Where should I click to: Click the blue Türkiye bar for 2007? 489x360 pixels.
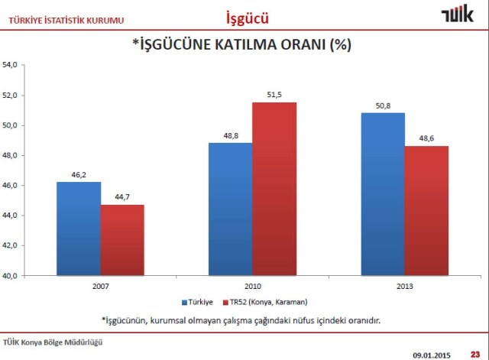pyautogui.click(x=79, y=229)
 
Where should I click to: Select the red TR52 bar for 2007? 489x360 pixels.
pyautogui.click(x=122, y=240)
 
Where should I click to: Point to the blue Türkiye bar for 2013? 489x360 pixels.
pyautogui.click(x=383, y=194)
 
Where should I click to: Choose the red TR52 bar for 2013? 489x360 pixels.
pyautogui.click(x=426, y=210)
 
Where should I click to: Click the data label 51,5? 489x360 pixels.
pyautogui.click(x=274, y=95)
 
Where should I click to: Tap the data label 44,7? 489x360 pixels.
pyautogui.click(x=122, y=197)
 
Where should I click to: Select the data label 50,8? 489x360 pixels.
pyautogui.click(x=383, y=105)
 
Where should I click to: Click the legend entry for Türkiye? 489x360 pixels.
pyautogui.click(x=199, y=303)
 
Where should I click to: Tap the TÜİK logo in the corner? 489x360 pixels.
pyautogui.click(x=457, y=15)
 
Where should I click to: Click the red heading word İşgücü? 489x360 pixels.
pyautogui.click(x=248, y=16)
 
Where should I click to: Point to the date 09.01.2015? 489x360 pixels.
pyautogui.click(x=433, y=354)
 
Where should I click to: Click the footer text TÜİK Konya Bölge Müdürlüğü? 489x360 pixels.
pyautogui.click(x=53, y=342)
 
